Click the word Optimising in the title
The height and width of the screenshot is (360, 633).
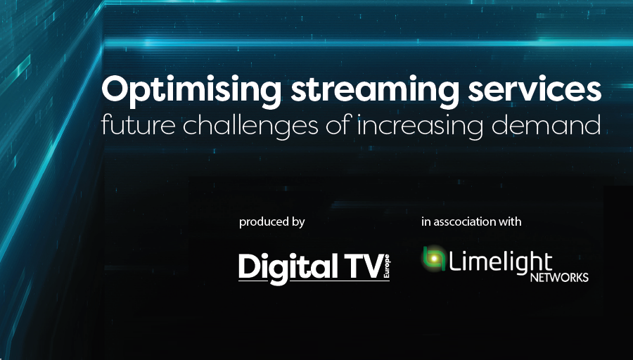(x=191, y=91)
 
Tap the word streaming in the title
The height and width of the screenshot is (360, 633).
(x=374, y=91)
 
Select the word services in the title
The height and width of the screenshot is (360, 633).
(x=535, y=89)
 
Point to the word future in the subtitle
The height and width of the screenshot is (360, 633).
(x=138, y=124)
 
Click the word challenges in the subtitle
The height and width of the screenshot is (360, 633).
(x=250, y=126)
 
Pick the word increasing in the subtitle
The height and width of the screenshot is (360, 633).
(x=420, y=127)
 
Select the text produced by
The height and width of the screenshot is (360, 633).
(x=271, y=222)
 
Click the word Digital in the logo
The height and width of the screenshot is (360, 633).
(x=288, y=269)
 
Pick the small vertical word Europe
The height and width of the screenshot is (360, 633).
(x=387, y=266)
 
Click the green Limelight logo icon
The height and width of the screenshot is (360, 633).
(x=434, y=258)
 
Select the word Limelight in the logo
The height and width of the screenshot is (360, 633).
(x=500, y=262)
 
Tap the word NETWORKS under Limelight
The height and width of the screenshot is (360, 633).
(x=559, y=278)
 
